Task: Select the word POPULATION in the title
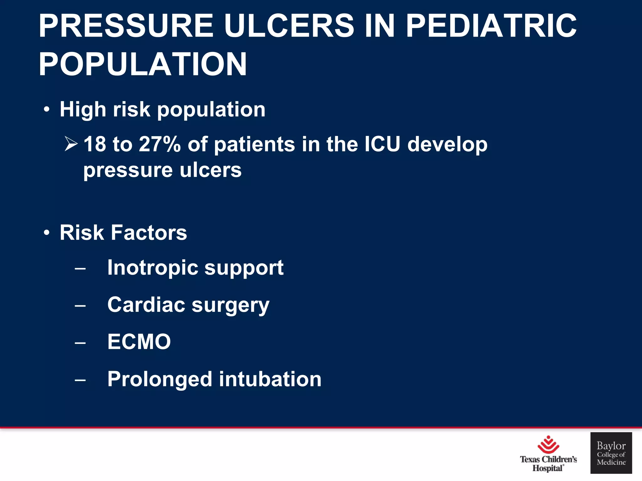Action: tap(143, 64)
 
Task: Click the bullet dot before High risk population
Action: tap(47, 110)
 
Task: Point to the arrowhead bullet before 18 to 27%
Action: tap(71, 144)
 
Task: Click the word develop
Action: tap(447, 145)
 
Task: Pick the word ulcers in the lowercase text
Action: tap(210, 170)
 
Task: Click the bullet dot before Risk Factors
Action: tap(47, 233)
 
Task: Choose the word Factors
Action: tap(149, 233)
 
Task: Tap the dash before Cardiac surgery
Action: tap(80, 306)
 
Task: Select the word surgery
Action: tap(230, 306)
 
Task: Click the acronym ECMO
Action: tap(139, 342)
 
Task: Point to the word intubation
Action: tap(270, 379)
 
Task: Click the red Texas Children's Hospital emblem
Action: tap(548, 445)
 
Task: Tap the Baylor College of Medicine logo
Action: tap(611, 453)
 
